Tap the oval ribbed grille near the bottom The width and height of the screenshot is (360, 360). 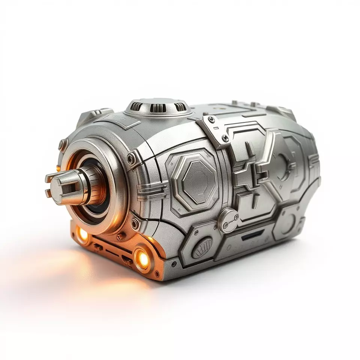click(202, 247)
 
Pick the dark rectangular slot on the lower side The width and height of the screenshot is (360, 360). click(252, 237)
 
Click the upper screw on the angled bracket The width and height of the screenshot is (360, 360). click(212, 120)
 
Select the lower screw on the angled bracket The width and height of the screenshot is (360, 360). click(225, 138)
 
